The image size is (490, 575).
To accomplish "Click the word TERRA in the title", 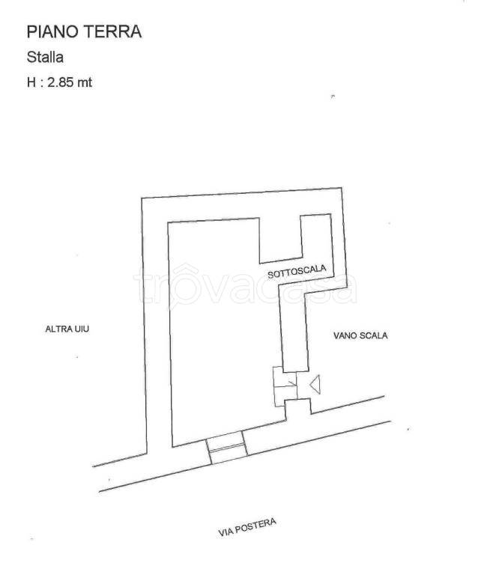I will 115,31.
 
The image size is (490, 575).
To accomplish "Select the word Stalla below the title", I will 44,57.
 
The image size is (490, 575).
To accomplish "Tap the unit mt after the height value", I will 85,82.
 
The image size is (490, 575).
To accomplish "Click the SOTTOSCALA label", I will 291,273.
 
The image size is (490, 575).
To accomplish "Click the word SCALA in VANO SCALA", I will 375,336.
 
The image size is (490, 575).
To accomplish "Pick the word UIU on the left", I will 82,329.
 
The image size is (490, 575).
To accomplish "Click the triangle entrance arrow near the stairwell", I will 315,385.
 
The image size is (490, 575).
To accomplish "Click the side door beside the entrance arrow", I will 285,386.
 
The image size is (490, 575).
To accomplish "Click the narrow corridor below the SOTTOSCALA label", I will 294,322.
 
